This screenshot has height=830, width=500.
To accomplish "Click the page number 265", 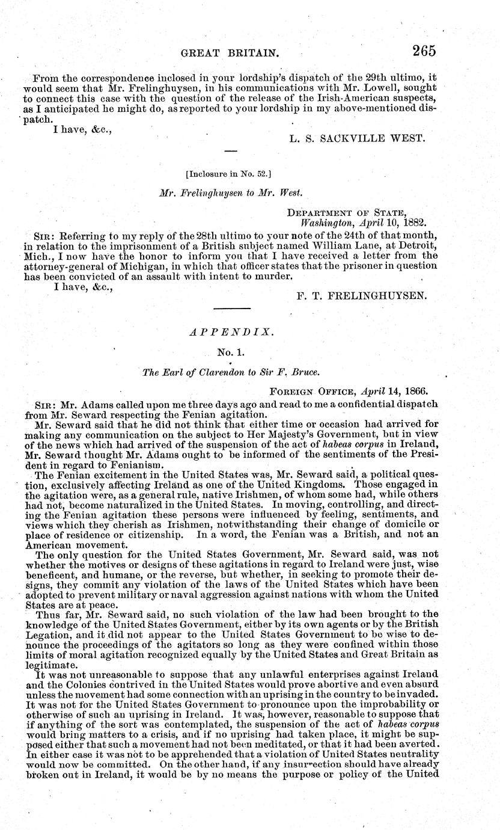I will coord(423,51).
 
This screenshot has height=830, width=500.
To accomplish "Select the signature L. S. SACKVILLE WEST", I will coord(357,138).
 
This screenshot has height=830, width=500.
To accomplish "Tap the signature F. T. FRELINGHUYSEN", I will coord(361,296).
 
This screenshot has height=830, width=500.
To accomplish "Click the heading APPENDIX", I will coord(232,331).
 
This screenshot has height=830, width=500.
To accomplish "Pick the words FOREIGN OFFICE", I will coord(308,390).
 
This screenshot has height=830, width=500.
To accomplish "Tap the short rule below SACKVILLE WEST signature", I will coord(231,150).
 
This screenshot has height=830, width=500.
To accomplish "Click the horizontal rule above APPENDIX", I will coord(232,309).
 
